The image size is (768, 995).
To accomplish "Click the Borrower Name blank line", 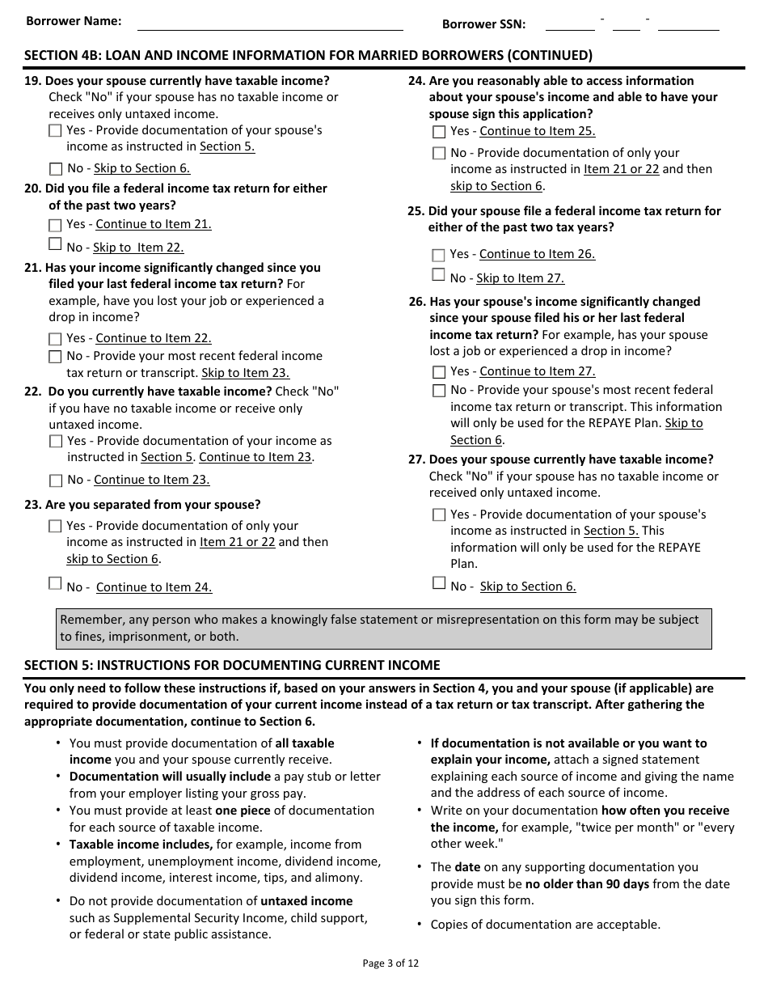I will [270, 23].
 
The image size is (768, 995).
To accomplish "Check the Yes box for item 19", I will [55, 131].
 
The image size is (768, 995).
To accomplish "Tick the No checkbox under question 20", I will [55, 244].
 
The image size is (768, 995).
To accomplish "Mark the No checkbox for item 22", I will [56, 481].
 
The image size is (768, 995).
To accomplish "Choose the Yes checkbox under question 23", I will [55, 527].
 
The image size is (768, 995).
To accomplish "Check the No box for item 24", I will [439, 154].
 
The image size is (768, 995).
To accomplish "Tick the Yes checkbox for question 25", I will [439, 255].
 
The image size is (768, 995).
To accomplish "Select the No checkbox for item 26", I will [439, 391].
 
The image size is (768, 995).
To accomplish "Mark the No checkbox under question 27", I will [439, 583].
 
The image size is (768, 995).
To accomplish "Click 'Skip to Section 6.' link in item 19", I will [141, 168].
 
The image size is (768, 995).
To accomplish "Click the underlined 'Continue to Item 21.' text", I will [154, 224].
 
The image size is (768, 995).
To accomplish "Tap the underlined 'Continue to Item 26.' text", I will [537, 254].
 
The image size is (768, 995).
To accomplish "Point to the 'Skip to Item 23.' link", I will [245, 373].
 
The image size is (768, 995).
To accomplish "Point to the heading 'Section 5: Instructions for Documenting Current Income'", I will [232, 665].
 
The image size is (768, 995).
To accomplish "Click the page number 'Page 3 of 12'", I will [391, 963].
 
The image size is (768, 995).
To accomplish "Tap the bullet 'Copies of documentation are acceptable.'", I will [545, 924].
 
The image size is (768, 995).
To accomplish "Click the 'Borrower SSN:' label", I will [483, 24].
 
